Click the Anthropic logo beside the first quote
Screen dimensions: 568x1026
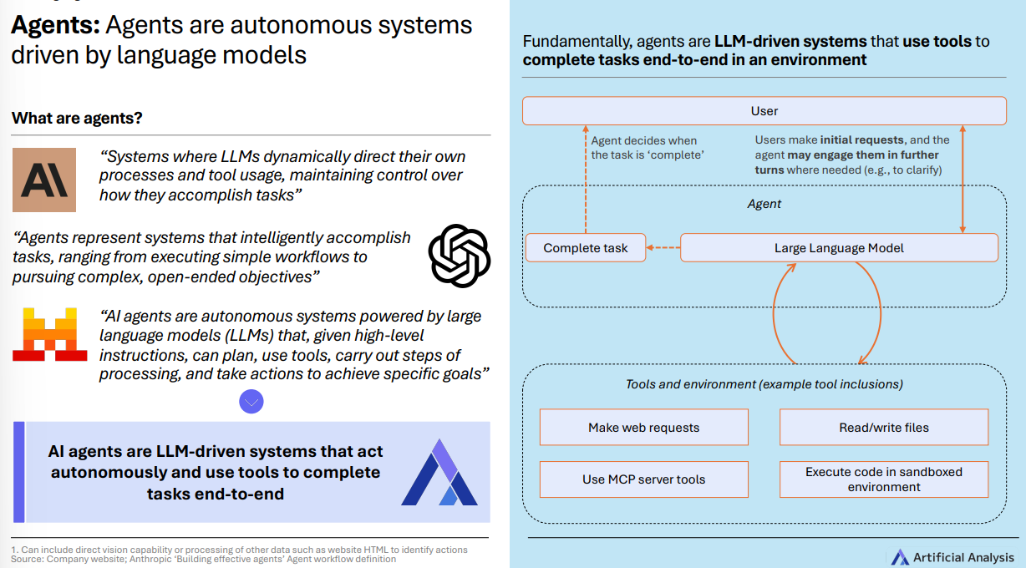coord(44,180)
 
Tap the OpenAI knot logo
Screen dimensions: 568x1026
coord(459,256)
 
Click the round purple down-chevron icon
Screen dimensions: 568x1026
coord(251,402)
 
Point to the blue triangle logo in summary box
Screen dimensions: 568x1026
coord(439,473)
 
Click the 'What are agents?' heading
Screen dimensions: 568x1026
coord(77,118)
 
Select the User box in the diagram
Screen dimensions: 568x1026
coord(764,111)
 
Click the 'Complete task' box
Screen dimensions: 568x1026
coord(586,248)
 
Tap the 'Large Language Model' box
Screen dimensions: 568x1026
coord(839,248)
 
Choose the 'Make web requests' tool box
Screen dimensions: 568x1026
coord(643,428)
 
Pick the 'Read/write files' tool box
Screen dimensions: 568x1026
coord(884,428)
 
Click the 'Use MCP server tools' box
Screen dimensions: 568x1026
coord(643,479)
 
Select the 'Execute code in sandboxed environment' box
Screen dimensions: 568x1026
coord(884,479)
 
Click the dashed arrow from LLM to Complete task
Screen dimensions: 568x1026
coord(664,248)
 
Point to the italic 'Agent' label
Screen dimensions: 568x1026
coord(764,203)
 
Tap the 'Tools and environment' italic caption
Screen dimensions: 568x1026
coord(764,384)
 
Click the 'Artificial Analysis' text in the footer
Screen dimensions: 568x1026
coord(963,557)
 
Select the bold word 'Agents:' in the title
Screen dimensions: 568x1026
coord(55,25)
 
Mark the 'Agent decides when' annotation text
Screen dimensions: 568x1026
coord(643,140)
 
